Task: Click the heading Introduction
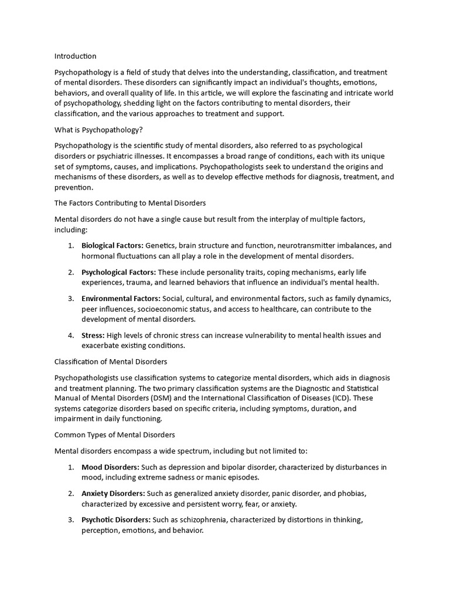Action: click(75, 56)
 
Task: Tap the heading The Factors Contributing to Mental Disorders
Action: click(130, 202)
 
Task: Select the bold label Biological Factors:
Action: click(112, 245)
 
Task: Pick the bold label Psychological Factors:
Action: click(118, 272)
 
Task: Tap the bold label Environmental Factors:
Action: click(121, 298)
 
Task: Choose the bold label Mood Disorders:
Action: click(110, 467)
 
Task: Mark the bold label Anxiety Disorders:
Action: click(113, 493)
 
